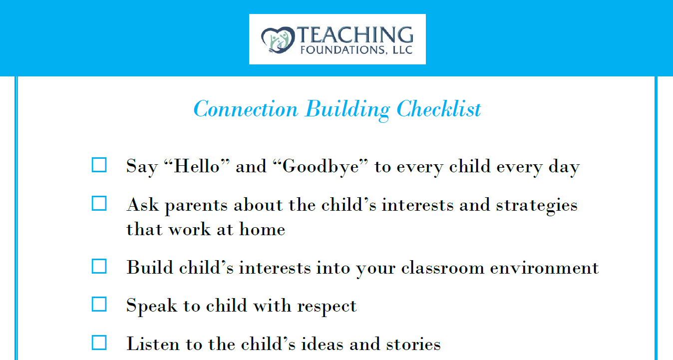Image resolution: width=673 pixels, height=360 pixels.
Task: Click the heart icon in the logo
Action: click(x=278, y=40)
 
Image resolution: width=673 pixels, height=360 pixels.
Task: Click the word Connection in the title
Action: click(x=246, y=109)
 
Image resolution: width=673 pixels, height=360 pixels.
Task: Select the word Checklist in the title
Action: click(x=439, y=109)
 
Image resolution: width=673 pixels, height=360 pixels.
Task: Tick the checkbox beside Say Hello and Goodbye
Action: click(x=99, y=165)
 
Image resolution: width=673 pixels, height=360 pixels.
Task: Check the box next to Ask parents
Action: click(x=99, y=203)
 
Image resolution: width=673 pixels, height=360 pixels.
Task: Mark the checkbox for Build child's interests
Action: click(x=99, y=266)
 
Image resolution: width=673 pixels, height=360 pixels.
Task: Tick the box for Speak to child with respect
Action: click(x=99, y=304)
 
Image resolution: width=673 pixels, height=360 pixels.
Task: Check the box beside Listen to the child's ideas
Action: click(x=99, y=343)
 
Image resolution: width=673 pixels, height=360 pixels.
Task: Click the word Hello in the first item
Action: click(x=197, y=166)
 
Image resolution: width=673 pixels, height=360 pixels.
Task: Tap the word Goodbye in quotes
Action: click(x=321, y=167)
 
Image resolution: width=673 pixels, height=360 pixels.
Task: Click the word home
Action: click(x=262, y=229)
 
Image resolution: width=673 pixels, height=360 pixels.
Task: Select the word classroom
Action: click(x=442, y=268)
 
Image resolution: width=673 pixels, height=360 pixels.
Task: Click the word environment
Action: click(x=544, y=268)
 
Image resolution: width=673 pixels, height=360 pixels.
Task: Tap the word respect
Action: click(x=327, y=307)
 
